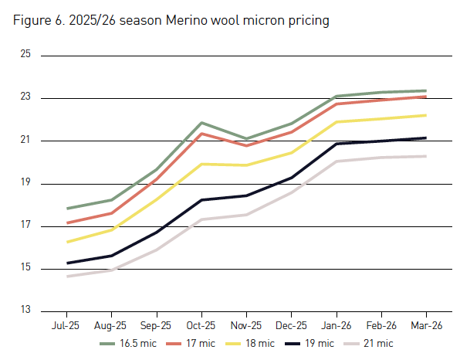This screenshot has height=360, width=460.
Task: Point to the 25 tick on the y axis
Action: [x=25, y=55]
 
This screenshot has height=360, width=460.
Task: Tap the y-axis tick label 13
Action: [x=25, y=311]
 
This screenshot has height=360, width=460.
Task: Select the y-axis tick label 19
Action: [x=25, y=183]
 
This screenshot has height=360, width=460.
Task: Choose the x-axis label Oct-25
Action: [x=202, y=326]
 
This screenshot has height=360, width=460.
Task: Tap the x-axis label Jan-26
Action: [x=337, y=326]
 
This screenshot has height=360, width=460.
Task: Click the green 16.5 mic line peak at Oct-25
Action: [x=202, y=123]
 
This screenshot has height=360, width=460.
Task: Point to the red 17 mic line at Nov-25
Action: [x=247, y=145]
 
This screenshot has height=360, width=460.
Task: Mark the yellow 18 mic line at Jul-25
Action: [x=68, y=242]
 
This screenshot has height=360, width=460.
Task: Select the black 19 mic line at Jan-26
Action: [x=337, y=144]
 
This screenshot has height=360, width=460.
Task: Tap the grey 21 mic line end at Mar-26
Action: [x=425, y=156]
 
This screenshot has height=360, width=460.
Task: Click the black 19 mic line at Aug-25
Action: [x=113, y=256]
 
